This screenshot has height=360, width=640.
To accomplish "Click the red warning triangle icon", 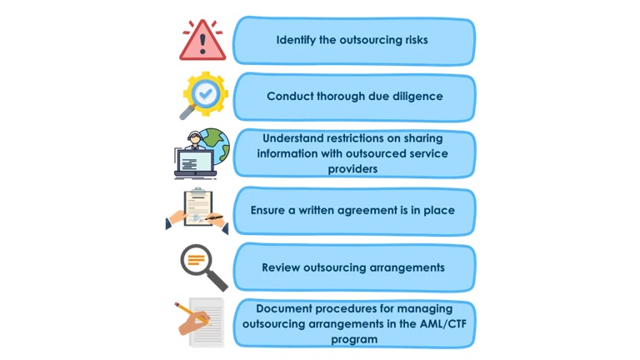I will (202, 41).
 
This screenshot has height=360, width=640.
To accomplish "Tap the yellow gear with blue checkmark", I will (206, 94).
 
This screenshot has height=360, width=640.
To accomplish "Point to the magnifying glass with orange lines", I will (199, 263).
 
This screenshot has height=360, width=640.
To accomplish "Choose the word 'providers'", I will (354, 168).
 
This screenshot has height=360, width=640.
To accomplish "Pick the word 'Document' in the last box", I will (286, 308).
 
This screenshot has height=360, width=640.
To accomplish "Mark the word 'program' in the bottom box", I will (354, 339).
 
